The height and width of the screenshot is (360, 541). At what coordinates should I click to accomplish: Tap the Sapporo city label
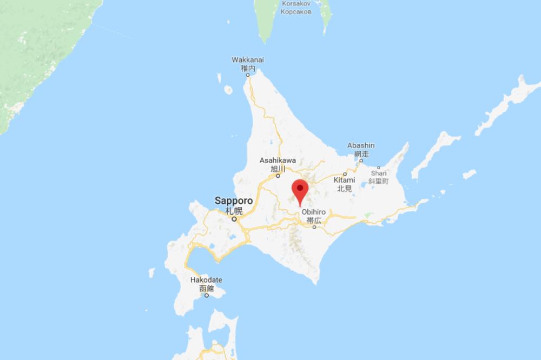pos(234,201)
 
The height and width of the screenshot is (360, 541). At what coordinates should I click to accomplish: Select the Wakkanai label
pos(247,59)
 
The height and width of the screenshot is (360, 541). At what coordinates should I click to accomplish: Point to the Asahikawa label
pos(278,161)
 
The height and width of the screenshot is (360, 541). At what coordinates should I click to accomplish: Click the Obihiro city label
pos(313,212)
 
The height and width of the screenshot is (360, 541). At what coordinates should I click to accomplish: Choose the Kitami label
pos(345,180)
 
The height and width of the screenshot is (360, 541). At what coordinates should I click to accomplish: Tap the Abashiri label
pos(361,145)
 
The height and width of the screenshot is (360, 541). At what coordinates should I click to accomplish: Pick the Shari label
pos(378,174)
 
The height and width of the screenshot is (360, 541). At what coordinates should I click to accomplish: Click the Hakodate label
pos(206,280)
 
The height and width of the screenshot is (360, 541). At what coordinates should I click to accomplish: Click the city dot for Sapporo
pos(235,219)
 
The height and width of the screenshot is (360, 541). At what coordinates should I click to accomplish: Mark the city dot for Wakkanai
pos(248,75)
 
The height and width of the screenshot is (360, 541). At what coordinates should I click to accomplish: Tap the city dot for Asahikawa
pos(278,176)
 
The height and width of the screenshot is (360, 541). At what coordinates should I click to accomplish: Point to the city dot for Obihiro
pos(314,227)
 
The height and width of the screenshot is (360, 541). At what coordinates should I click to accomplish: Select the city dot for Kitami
pos(345,174)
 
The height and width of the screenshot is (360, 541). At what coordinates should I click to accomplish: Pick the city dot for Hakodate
pos(207,295)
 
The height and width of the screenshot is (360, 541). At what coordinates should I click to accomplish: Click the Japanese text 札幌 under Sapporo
pos(234,210)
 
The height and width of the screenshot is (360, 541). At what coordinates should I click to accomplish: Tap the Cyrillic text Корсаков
pos(296,11)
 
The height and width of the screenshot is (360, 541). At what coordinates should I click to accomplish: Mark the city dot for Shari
pos(378,167)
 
